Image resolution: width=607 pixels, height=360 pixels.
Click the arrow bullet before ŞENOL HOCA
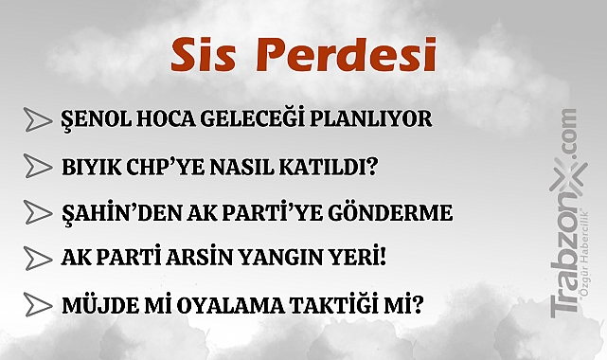[37, 120]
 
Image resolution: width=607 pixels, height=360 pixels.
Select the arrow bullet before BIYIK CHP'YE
[37, 167]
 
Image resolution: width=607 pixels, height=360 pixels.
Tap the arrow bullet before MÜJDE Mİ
[37, 304]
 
